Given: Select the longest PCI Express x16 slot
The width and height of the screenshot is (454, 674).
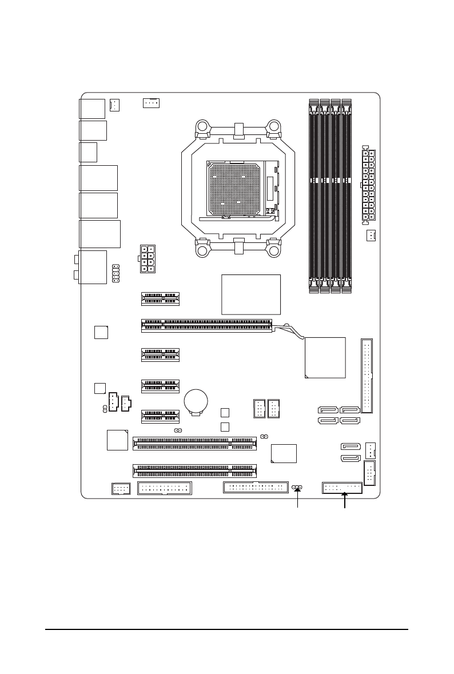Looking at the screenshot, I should [x=206, y=325].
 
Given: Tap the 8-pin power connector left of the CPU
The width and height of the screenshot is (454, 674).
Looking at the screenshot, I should [x=147, y=259].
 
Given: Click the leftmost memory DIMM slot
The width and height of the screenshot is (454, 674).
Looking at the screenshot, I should [x=314, y=196].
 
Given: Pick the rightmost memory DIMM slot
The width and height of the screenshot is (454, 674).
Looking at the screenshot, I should [x=346, y=196].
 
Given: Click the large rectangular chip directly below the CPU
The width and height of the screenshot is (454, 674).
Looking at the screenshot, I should [x=251, y=294].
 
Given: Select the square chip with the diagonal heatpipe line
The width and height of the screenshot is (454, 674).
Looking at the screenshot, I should [x=325, y=357].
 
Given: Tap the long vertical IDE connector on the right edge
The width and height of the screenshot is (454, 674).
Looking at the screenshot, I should [x=367, y=376].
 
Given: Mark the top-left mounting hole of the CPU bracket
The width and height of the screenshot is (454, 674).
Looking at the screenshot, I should [x=201, y=127].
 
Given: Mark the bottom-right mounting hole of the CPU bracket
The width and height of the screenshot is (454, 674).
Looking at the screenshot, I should [x=274, y=250].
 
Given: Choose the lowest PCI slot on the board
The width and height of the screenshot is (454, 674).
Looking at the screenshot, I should [x=195, y=470].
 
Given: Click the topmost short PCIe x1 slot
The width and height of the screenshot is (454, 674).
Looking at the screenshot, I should [x=160, y=298].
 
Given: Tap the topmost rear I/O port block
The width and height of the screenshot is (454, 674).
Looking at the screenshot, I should [x=93, y=108].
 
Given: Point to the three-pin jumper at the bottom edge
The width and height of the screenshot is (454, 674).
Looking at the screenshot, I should [x=297, y=487].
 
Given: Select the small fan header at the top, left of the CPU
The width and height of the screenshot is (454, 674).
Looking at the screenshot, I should [x=151, y=103].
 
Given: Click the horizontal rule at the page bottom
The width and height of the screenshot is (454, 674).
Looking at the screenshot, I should [x=227, y=631].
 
